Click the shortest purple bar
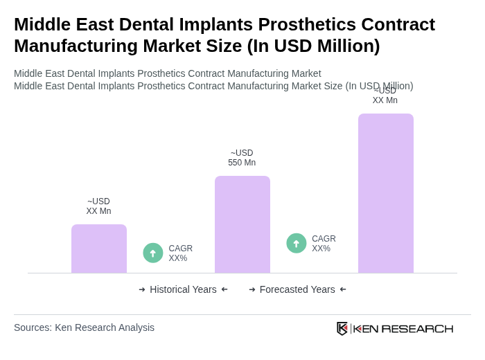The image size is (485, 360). point(99,249)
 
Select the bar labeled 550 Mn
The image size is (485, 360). point(242,224)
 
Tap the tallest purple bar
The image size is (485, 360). point(386,193)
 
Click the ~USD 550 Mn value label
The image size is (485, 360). point(242,158)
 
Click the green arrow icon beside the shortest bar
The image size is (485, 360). point(153,253)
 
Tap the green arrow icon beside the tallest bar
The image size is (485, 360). point(297,244)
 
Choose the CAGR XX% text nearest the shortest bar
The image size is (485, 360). point(181,253)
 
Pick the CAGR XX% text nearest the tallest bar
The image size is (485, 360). point(324,244)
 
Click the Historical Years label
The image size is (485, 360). point(183,289)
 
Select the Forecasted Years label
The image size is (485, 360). point(297,289)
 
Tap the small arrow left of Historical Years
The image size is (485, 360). point(142,289)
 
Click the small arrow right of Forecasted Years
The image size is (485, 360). point(343,289)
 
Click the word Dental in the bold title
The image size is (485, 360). point(133,24)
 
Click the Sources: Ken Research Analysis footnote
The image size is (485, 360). point(84,327)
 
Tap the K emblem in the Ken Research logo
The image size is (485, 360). point(342,328)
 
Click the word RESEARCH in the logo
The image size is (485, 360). point(417,328)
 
